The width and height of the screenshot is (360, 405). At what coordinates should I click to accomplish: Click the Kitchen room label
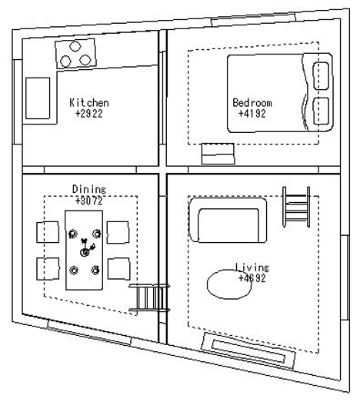[89, 103]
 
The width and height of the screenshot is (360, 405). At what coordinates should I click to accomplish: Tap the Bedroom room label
[252, 103]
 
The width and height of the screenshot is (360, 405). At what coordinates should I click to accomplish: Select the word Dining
[89, 189]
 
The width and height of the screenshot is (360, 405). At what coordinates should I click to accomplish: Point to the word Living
[252, 267]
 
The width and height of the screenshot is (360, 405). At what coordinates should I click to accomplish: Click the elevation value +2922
[89, 114]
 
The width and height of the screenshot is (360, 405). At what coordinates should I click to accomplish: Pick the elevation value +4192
[252, 114]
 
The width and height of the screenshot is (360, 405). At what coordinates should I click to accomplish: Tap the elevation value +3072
[89, 201]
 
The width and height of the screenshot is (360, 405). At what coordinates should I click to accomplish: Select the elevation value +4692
[252, 278]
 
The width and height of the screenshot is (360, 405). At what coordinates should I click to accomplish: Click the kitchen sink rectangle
[38, 98]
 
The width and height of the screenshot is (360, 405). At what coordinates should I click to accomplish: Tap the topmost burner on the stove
[75, 46]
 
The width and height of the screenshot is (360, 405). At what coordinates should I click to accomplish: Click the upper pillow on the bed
[322, 75]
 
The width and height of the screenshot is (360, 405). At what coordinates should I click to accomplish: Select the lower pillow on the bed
[322, 111]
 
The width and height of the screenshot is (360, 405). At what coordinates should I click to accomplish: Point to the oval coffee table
[229, 284]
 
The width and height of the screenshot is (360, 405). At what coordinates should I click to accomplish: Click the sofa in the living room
[228, 221]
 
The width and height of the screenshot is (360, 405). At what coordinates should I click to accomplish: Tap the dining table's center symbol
[85, 252]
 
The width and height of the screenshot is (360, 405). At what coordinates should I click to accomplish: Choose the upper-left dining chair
[48, 232]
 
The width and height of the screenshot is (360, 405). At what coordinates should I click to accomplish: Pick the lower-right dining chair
[118, 269]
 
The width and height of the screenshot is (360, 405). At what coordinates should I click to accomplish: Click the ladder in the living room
[296, 207]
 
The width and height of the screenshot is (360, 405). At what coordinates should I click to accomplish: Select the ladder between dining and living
[149, 298]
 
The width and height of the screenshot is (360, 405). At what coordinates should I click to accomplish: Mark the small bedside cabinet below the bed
[218, 154]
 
